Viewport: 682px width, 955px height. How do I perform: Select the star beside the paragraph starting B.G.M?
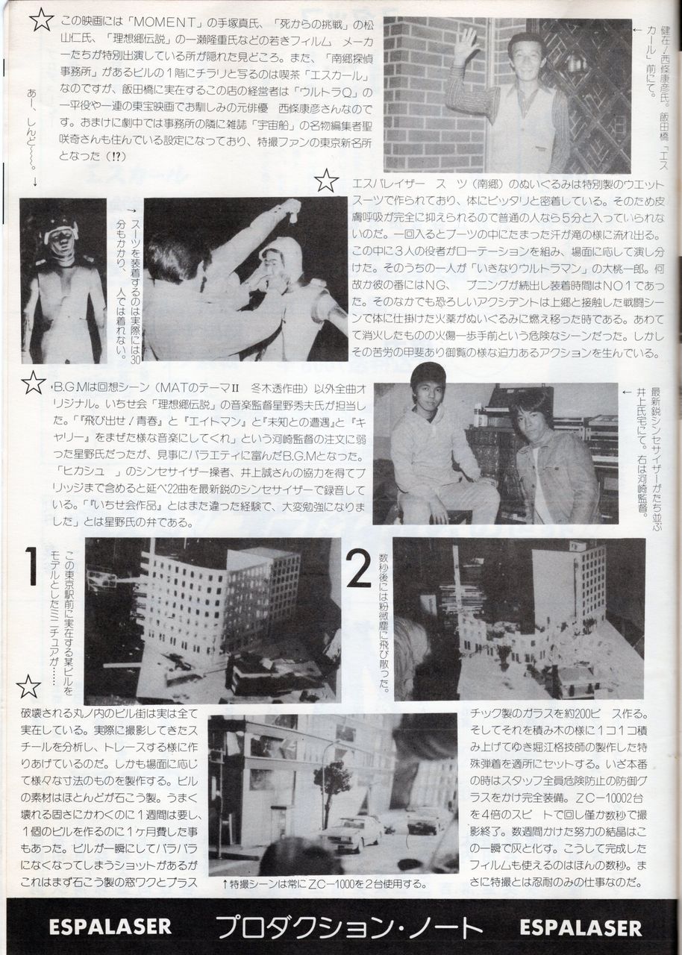coord(34,383)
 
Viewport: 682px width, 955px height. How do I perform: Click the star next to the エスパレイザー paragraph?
coord(325,181)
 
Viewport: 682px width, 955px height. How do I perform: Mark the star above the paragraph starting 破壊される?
coord(28,687)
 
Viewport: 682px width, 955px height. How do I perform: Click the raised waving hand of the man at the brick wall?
coord(466,46)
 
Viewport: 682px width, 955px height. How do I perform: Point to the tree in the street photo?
coord(333,780)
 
